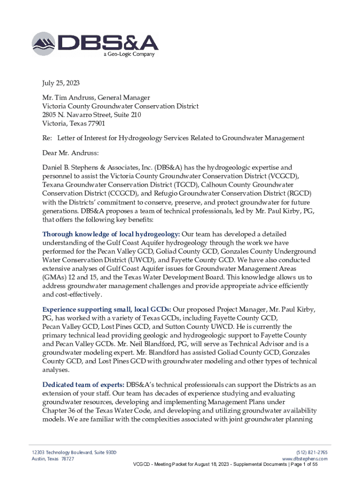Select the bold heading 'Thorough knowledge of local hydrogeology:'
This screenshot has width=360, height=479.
pos(111,234)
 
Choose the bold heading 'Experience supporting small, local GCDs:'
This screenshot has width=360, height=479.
pos(107,310)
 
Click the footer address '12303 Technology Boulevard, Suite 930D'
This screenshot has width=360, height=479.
pos(71,452)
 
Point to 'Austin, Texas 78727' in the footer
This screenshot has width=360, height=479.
pos(50,459)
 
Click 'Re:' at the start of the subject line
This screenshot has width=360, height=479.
pos(47,138)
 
